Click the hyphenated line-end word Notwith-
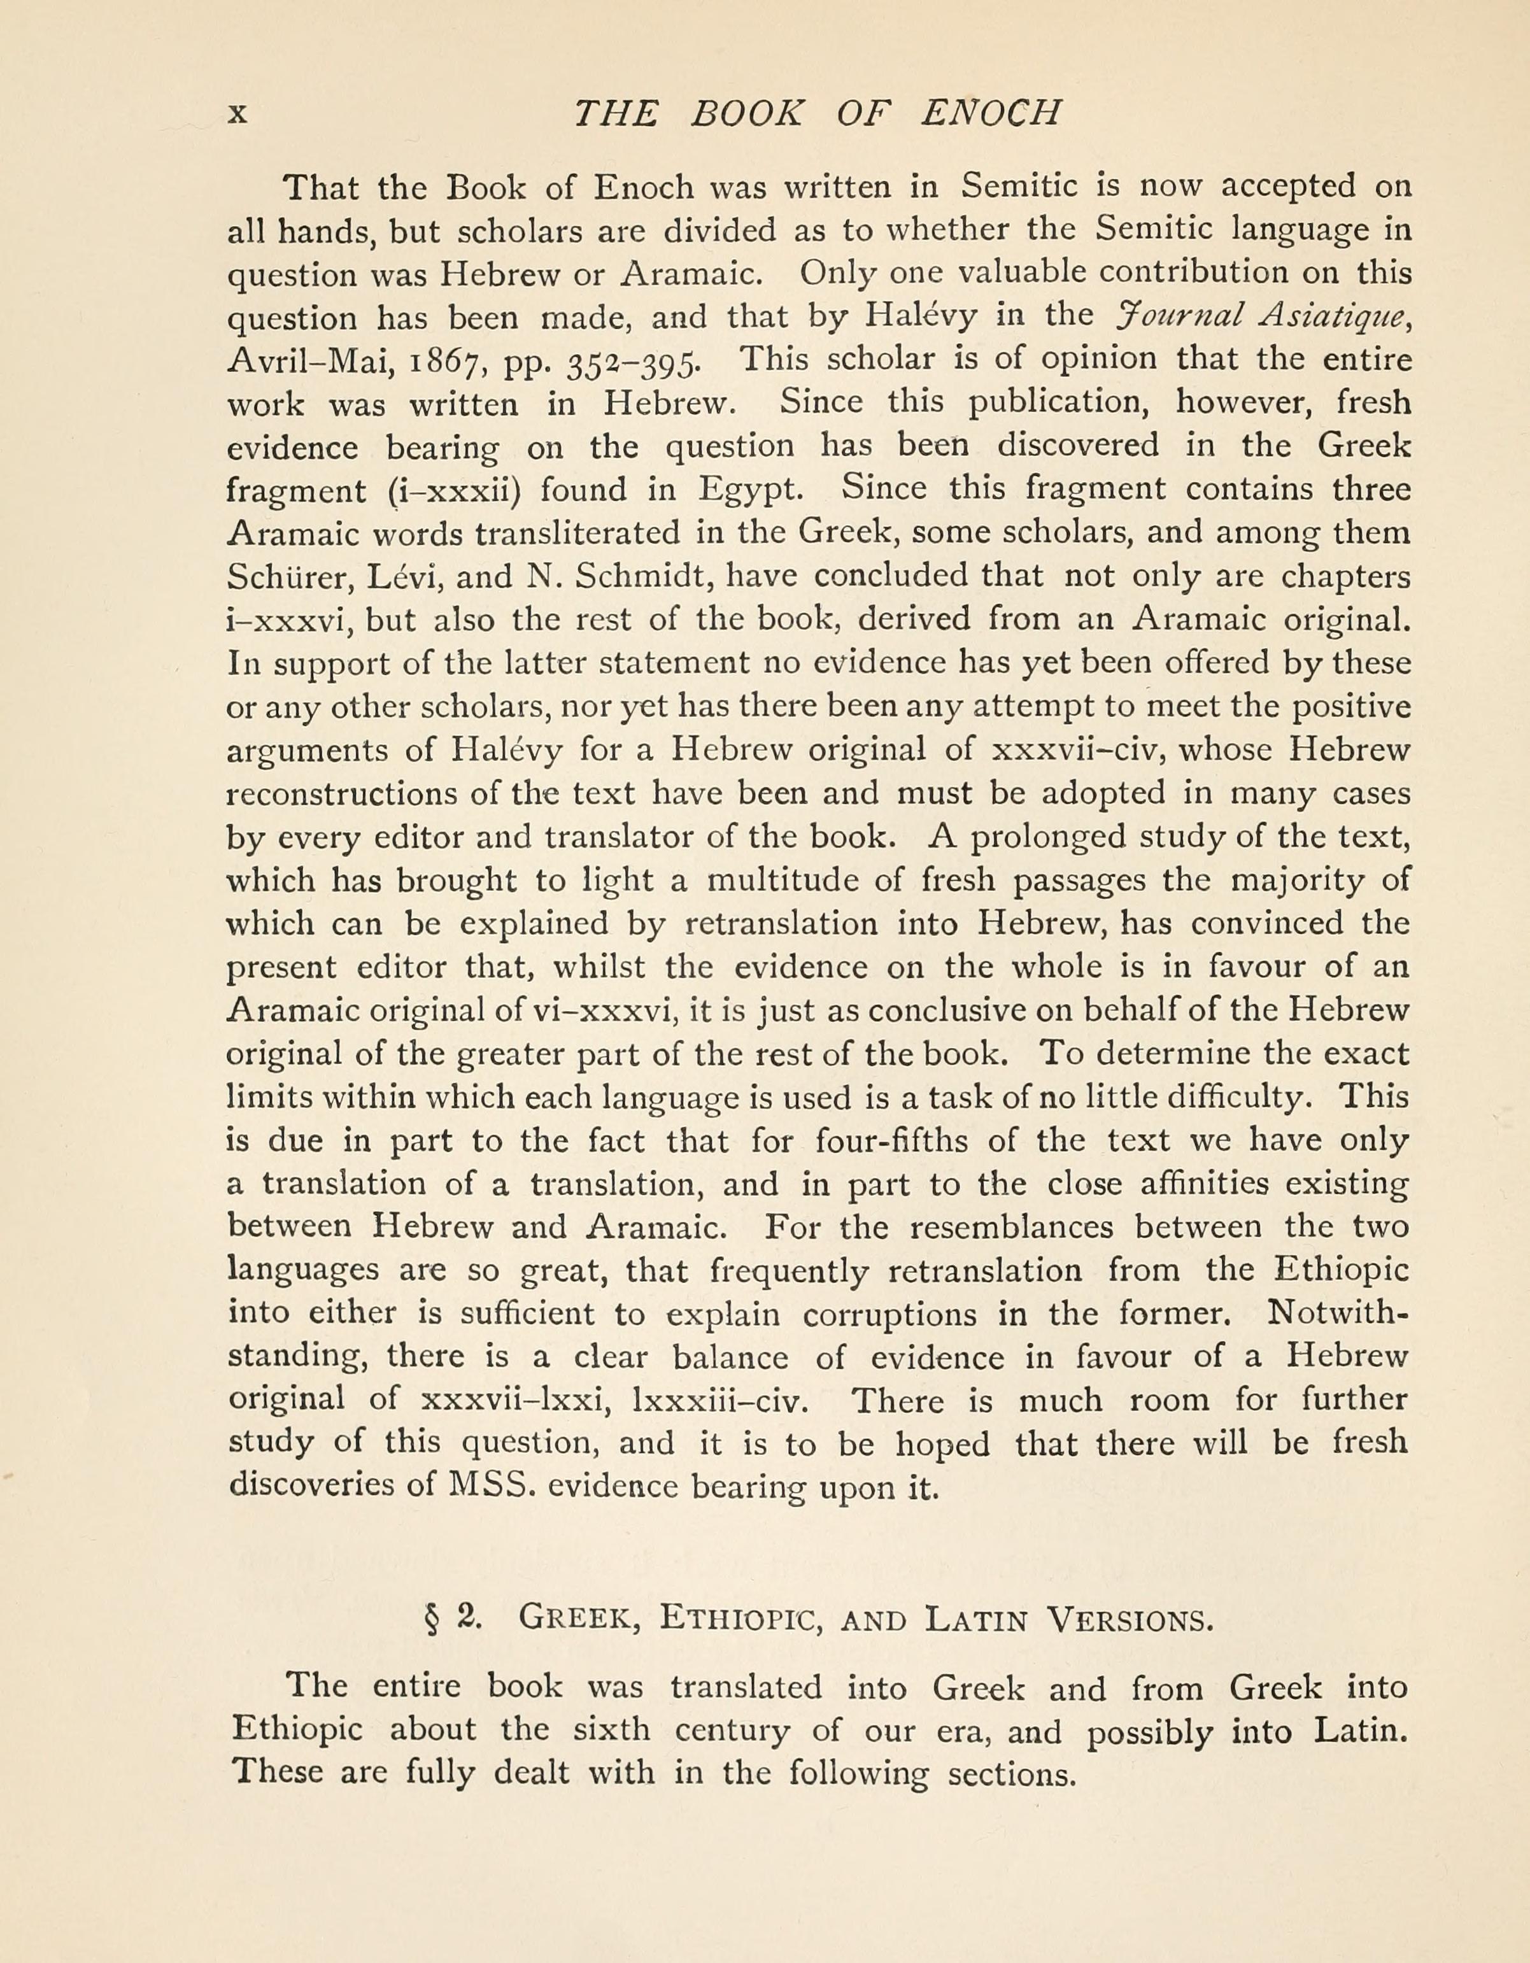(1336, 1314)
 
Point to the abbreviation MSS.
(495, 1487)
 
